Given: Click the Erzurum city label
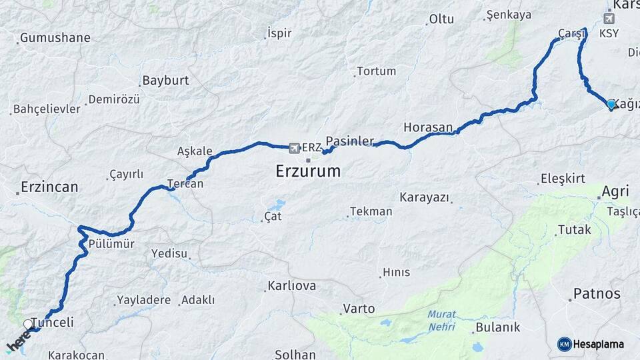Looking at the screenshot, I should tap(308, 171).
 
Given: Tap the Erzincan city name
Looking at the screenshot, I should tap(49, 187).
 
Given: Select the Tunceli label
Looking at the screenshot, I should tap(53, 323).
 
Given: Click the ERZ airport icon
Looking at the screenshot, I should tap(295, 147).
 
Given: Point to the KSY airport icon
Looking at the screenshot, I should tap(609, 18).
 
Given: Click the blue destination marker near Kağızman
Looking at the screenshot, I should tap(611, 104).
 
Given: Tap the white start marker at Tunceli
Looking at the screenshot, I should tap(28, 324).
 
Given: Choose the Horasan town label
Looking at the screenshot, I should tap(428, 127).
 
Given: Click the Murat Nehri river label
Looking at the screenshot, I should tap(441, 320).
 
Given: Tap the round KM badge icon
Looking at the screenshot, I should tap(564, 344).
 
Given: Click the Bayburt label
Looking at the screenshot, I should tap(165, 81).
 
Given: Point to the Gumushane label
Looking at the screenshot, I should tap(55, 38).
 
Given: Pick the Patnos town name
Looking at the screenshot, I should tap(597, 293).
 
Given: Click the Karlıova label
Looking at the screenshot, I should tap(292, 286).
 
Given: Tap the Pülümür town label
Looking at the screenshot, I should tap(111, 244).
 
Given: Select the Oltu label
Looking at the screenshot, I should tap(441, 19).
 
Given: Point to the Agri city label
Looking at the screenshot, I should tap(615, 192).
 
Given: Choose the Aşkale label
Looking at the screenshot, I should tap(195, 151).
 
